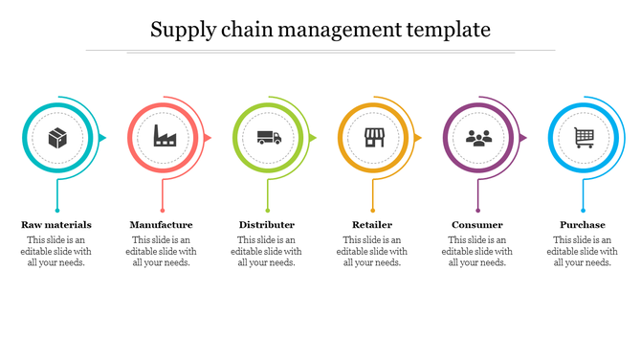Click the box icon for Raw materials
[57, 139]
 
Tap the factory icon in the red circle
[164, 139]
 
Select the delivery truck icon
[269, 139]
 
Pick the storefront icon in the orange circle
[374, 139]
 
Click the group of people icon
[478, 139]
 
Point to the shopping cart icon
[584, 139]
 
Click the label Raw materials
[56, 225]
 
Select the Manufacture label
[161, 225]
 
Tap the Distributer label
[267, 225]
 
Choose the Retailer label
[372, 225]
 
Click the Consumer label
[477, 225]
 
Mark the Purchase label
[583, 225]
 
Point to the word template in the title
[449, 31]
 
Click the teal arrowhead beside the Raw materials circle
[102, 139]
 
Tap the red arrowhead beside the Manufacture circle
[208, 139]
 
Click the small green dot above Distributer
[268, 210]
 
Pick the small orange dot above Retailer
[373, 210]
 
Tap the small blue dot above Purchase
[584, 210]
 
